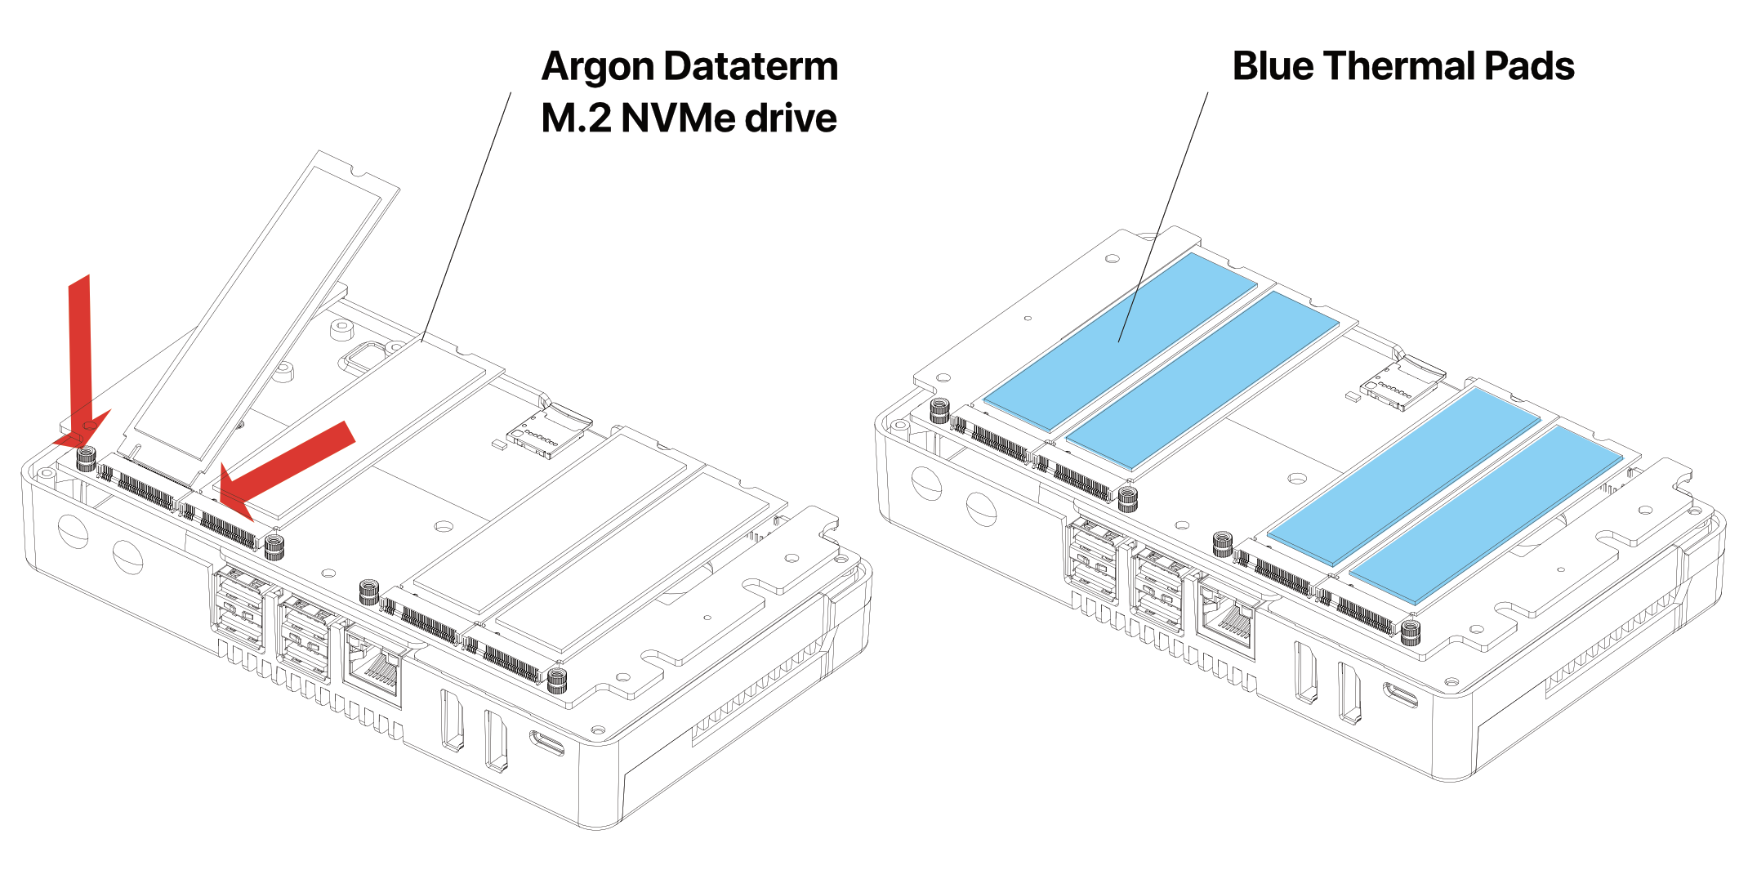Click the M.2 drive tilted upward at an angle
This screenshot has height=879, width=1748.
point(261,310)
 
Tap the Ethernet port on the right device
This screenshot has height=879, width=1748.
point(1228,622)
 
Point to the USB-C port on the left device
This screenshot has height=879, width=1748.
point(546,743)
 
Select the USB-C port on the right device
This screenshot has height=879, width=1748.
point(1400,694)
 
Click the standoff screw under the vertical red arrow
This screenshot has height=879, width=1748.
point(87,459)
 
